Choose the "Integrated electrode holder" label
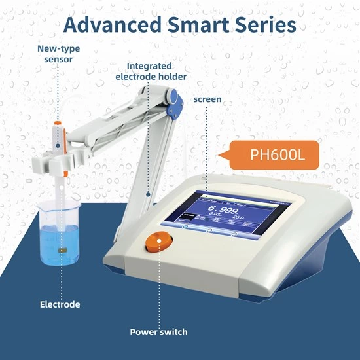coord(150,71)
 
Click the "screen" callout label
coord(207,99)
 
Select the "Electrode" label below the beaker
coord(60,304)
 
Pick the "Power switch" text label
coord(158,332)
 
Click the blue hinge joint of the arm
coord(175,100)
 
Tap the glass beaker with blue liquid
coord(58,232)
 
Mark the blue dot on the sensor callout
coord(58,145)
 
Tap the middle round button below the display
coord(209,230)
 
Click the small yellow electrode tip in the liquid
coord(63,249)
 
